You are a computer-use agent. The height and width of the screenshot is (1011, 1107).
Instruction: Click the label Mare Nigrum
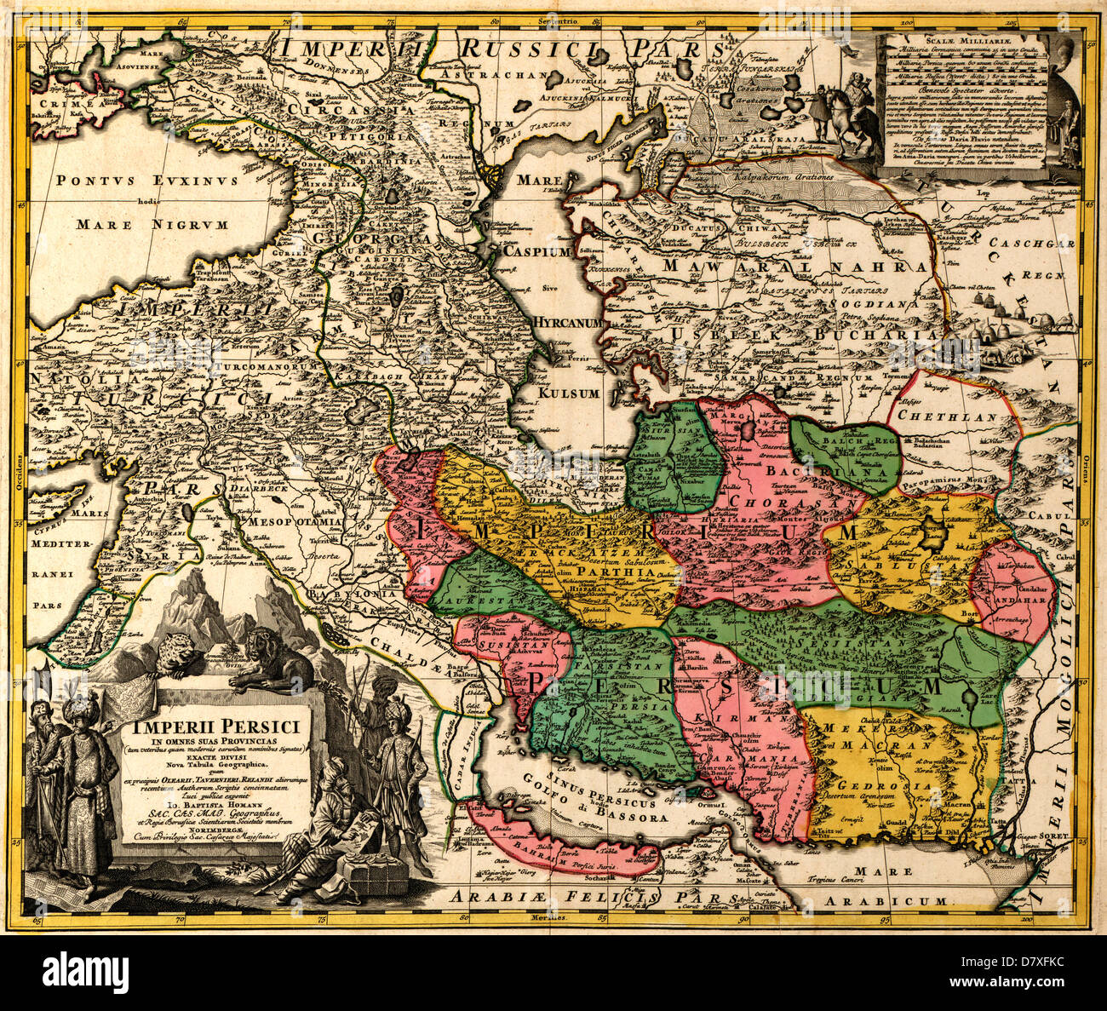click(152, 225)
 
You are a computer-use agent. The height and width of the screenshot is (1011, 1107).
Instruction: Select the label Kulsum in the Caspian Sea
click(569, 393)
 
